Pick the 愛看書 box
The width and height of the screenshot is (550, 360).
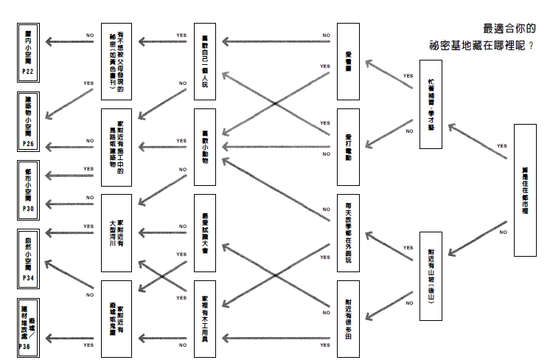tap(348, 61)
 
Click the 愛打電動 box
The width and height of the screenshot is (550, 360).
tap(348, 147)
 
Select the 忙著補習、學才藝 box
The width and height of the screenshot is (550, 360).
tap(431, 103)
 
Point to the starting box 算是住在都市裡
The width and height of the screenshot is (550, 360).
tap(525, 190)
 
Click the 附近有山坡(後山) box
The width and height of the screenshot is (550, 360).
tap(431, 276)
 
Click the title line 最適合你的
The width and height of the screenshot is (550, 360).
tap(509, 28)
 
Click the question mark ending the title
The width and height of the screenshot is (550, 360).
tap(532, 45)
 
